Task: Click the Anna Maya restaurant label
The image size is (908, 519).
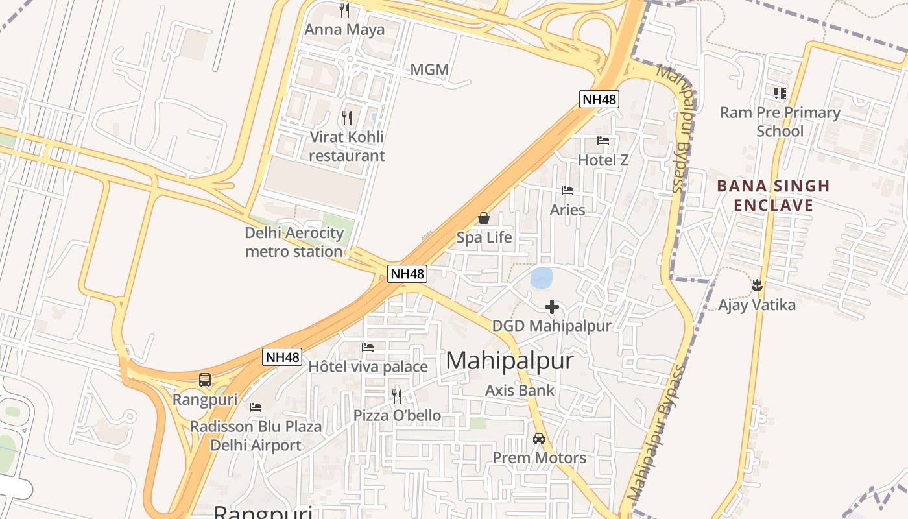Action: [x=344, y=30]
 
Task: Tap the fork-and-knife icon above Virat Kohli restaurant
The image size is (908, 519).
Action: [x=347, y=117]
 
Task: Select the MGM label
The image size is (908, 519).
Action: [x=429, y=69]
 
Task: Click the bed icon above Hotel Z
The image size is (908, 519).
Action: [x=603, y=141]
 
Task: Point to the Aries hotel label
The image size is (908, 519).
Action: [x=567, y=210]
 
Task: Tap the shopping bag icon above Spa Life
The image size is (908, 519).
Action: [x=484, y=218]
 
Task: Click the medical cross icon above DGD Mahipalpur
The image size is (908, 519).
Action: [x=552, y=307]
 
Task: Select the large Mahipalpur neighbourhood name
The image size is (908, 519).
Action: [x=510, y=361]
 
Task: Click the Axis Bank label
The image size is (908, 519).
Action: [x=520, y=391]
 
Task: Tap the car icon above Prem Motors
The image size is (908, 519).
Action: [x=539, y=439]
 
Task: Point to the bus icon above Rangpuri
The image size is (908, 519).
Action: [x=205, y=380]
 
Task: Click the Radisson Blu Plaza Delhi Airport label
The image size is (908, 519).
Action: [x=256, y=436]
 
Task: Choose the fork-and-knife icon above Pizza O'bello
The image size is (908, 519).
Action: [x=397, y=396]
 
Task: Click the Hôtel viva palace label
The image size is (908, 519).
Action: [x=368, y=367]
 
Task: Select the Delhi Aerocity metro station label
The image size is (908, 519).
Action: [x=294, y=242]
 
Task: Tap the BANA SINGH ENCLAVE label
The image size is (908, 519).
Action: [x=773, y=196]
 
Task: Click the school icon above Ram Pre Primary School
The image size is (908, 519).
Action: [x=780, y=93]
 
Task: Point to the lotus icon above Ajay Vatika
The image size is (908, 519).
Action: [x=756, y=285]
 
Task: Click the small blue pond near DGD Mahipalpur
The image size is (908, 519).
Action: [x=542, y=278]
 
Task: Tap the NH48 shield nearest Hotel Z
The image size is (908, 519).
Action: [x=599, y=99]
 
